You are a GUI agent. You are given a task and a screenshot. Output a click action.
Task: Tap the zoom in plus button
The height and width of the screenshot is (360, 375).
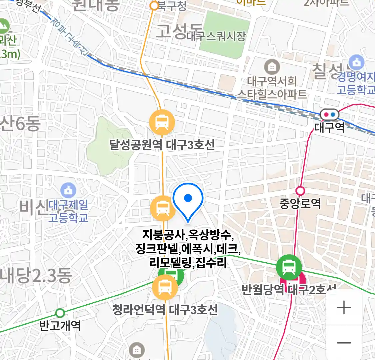click(x=344, y=307)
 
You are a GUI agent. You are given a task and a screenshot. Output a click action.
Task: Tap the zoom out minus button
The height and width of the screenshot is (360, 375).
click(x=344, y=343)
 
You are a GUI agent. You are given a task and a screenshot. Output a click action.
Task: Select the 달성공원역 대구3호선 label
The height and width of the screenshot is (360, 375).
click(x=162, y=145)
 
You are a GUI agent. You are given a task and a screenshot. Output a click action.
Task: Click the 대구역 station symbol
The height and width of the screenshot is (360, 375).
click(x=329, y=115)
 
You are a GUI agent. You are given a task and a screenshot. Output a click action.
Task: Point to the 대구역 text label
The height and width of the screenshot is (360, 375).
click(x=329, y=128)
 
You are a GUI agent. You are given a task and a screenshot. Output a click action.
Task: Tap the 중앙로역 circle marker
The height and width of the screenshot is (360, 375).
click(x=300, y=191)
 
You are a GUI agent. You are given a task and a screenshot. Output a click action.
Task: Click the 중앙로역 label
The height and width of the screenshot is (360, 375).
click(x=300, y=203)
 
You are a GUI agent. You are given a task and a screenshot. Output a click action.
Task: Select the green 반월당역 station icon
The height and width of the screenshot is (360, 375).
click(x=289, y=267)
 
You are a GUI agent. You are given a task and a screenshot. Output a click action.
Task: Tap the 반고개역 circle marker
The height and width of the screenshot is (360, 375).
click(x=60, y=313)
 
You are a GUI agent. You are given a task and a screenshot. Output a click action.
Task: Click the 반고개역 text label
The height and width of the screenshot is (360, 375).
click(x=60, y=325)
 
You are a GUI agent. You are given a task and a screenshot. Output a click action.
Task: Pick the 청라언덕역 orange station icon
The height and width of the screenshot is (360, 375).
click(x=165, y=287)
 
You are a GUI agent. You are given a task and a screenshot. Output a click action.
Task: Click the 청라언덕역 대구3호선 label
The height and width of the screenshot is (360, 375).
click(x=165, y=310)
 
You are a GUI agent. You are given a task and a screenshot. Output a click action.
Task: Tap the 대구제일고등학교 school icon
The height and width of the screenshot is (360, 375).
click(x=69, y=190)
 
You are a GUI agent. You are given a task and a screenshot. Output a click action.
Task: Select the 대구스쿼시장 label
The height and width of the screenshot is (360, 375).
click(x=216, y=36)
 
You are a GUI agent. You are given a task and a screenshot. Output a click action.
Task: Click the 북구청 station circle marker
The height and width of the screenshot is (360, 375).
click(x=154, y=6)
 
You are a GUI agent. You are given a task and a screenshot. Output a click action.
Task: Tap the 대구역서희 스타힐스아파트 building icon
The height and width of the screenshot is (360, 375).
click(x=272, y=67)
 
